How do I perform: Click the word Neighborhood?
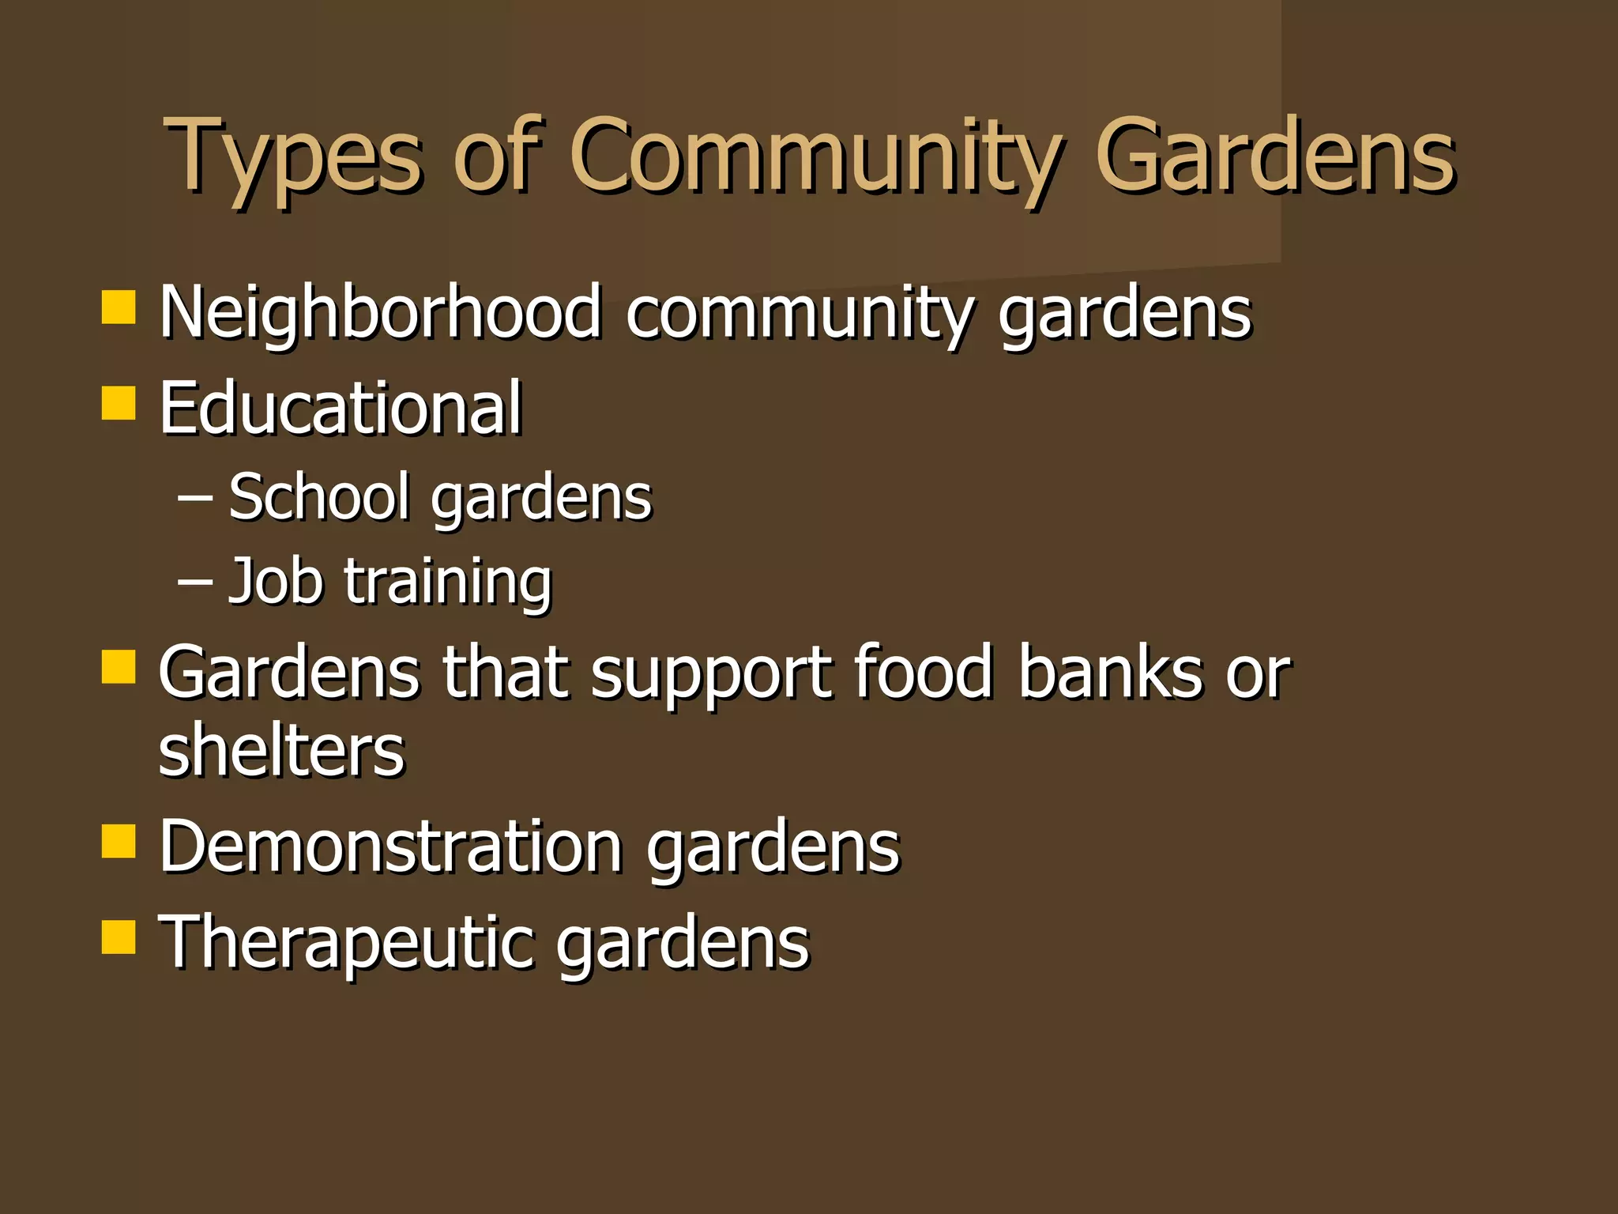tap(380, 313)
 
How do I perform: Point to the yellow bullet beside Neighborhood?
tap(119, 307)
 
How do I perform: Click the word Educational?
tap(341, 408)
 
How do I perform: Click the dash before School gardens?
tap(194, 499)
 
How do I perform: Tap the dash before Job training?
tap(194, 582)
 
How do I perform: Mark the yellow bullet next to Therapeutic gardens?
tap(119, 937)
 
